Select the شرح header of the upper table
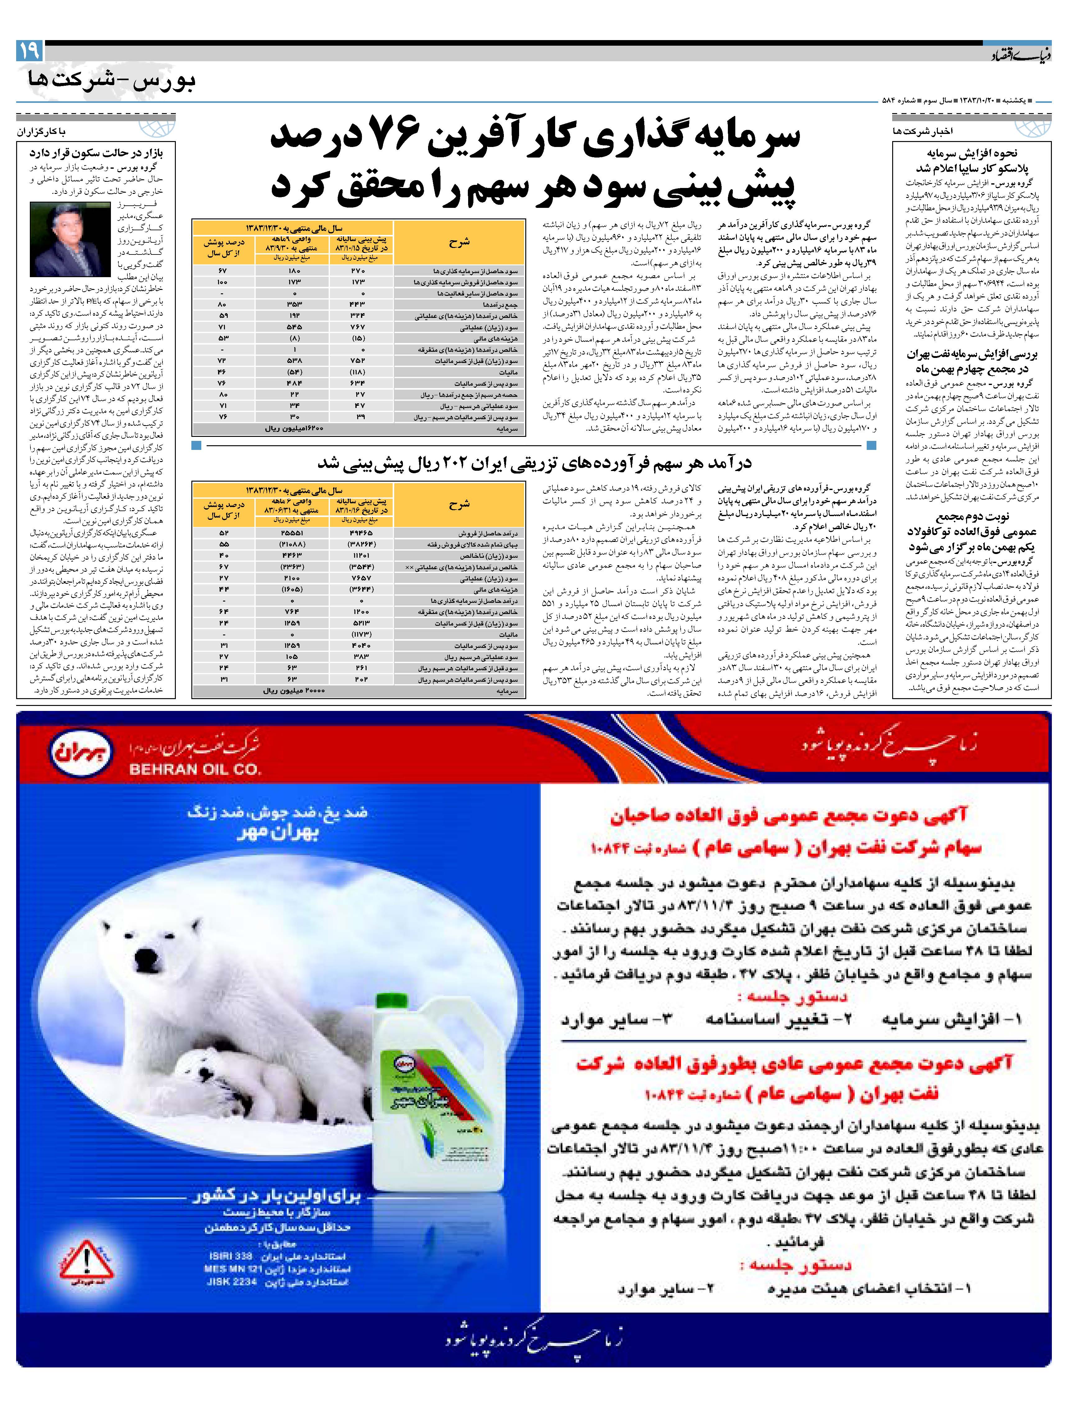tap(459, 242)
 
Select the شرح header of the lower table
tap(459, 504)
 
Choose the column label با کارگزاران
tap(41, 132)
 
